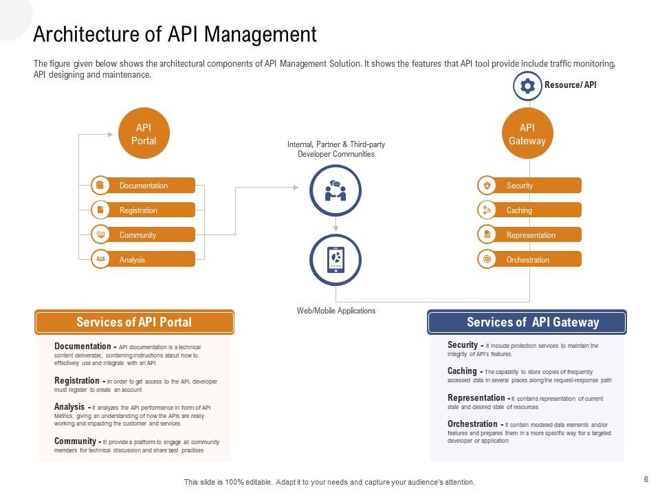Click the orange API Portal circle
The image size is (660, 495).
coord(144,133)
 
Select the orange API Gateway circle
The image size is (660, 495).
coord(527,133)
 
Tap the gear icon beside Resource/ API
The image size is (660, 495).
coord(527,86)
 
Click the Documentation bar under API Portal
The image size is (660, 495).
coord(144,186)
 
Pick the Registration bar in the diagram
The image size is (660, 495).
coord(144,210)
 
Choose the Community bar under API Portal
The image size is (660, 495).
coord(144,235)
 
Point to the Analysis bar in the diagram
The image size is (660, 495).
coord(144,260)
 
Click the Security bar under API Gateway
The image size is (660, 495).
coord(529,186)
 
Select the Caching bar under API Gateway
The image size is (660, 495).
coord(529,210)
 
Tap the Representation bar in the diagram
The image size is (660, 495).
coord(529,235)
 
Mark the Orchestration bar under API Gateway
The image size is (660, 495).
coord(529,260)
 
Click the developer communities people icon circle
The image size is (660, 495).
coord(335,190)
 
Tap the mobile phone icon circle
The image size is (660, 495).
coord(335,260)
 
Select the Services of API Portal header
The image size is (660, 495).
coord(134,322)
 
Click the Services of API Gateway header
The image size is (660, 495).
coord(527,322)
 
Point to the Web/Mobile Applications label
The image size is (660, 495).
coord(335,311)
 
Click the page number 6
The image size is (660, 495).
coord(646,479)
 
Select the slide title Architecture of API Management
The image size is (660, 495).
coord(175,34)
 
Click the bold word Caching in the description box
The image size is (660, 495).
coord(462,371)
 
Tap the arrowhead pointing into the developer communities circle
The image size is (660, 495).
coord(296,187)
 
